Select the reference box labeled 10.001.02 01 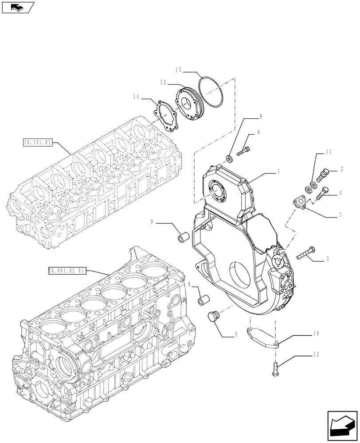(68, 269)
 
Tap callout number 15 (178, 70)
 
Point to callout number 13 (163, 82)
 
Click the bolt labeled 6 (244, 151)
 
